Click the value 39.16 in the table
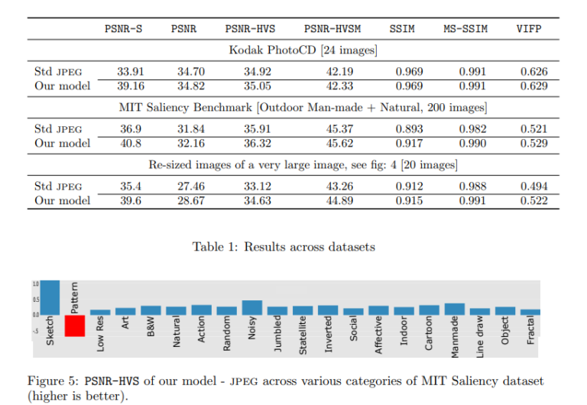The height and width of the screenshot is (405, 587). (130, 86)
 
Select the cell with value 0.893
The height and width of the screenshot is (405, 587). (408, 129)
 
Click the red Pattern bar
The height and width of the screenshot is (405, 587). (75, 326)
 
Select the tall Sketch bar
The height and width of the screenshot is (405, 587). (50, 297)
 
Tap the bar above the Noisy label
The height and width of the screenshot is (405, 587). (251, 307)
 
